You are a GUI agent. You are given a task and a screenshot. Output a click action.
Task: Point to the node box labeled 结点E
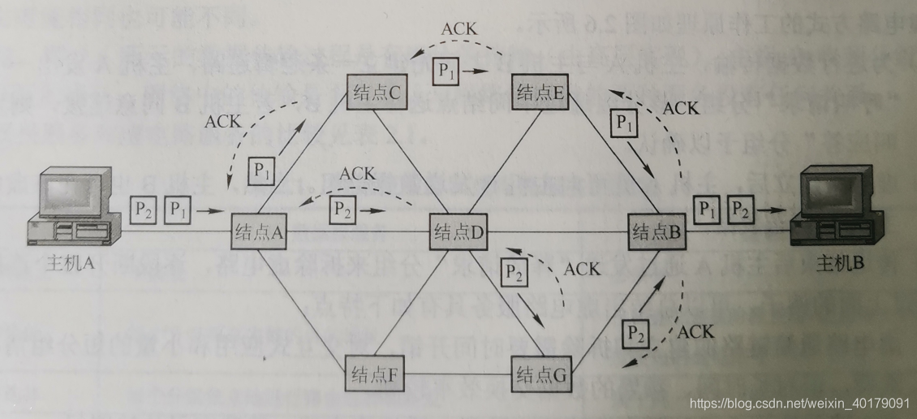tap(541, 91)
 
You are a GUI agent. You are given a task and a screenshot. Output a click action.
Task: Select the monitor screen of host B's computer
tap(842, 188)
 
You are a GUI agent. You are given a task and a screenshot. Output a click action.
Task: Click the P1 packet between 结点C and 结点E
tap(447, 71)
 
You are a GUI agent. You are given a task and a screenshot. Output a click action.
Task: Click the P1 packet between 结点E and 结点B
tap(623, 123)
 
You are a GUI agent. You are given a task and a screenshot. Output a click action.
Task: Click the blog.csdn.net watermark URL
tap(799, 402)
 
